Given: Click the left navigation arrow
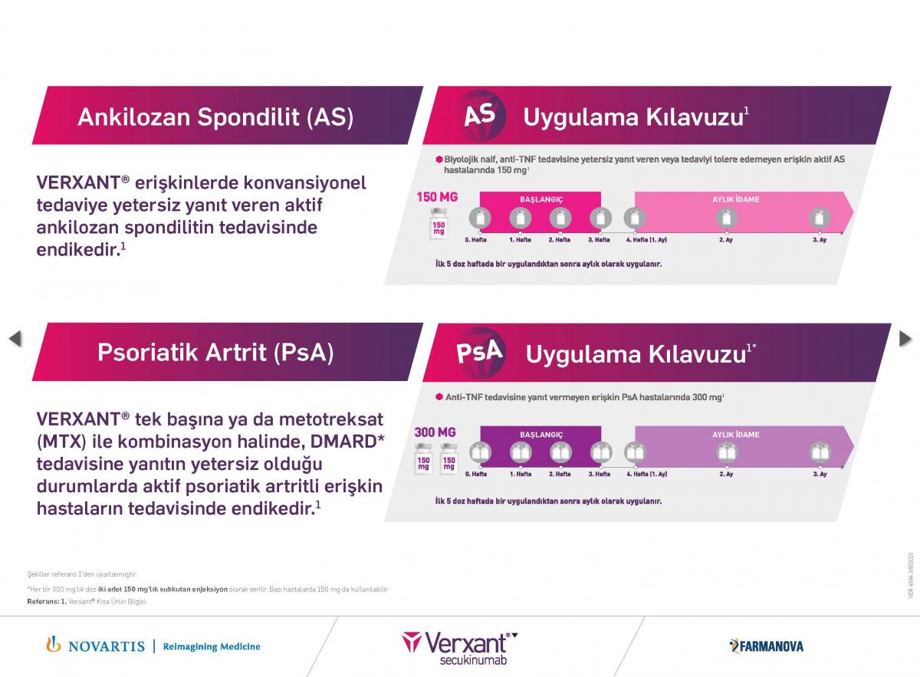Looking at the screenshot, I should [15, 338].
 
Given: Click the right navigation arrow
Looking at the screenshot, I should [905, 338].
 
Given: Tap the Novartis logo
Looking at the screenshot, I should [96, 646].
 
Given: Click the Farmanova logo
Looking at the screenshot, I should [766, 646].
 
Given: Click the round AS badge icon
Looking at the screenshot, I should [479, 115].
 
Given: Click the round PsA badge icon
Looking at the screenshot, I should [479, 351].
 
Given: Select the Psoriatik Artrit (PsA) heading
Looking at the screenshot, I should [215, 353].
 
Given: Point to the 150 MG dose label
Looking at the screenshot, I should [437, 197].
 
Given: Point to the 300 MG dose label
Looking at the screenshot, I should [435, 432].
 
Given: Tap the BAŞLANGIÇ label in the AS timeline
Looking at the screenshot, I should [541, 199].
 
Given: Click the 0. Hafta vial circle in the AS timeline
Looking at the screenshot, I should [479, 219].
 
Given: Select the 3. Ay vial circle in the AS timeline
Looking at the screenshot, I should [819, 219].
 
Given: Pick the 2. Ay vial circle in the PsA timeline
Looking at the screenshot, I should [726, 453].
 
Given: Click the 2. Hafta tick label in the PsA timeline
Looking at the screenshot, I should [560, 474].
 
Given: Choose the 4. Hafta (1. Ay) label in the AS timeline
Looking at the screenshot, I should [646, 240].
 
